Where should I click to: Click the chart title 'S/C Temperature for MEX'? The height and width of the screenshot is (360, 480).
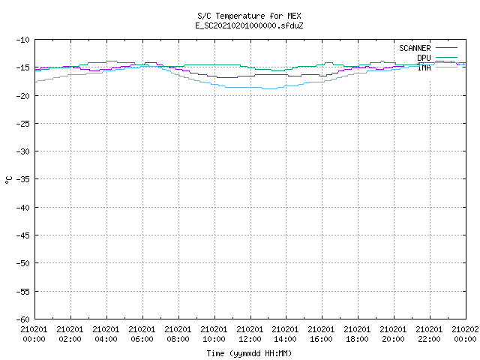249,16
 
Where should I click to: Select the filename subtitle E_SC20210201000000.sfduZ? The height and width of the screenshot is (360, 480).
249,25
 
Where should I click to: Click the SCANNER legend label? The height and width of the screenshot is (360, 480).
415,48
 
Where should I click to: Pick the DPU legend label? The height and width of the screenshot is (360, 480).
424,58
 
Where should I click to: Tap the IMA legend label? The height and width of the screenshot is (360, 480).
424,67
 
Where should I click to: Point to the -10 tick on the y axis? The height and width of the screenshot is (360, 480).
23,40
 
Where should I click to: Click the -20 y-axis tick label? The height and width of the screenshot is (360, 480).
23,96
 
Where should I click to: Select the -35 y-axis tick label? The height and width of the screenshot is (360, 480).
23,179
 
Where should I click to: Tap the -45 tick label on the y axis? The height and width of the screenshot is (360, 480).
23,235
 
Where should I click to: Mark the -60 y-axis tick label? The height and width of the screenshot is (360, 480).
23,319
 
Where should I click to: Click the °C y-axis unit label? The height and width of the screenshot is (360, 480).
9,180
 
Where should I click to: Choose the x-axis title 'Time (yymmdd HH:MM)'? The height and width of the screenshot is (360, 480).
249,353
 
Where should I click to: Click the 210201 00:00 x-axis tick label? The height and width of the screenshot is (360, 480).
34,334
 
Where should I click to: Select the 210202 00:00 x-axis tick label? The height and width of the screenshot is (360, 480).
465,334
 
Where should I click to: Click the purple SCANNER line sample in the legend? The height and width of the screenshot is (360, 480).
447,48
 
